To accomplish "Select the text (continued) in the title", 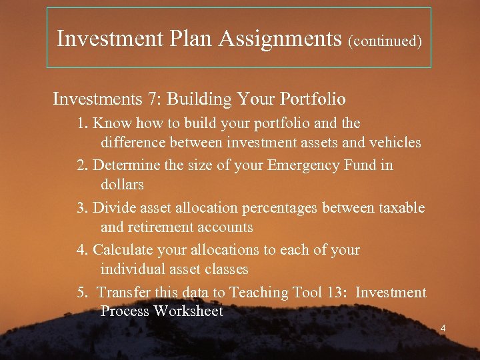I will point(385,41).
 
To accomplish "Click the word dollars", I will point(122,184).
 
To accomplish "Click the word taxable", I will point(402,208).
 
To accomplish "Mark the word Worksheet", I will point(188,311).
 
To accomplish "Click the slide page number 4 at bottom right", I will point(443,328).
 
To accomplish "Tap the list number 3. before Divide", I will point(82,208).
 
